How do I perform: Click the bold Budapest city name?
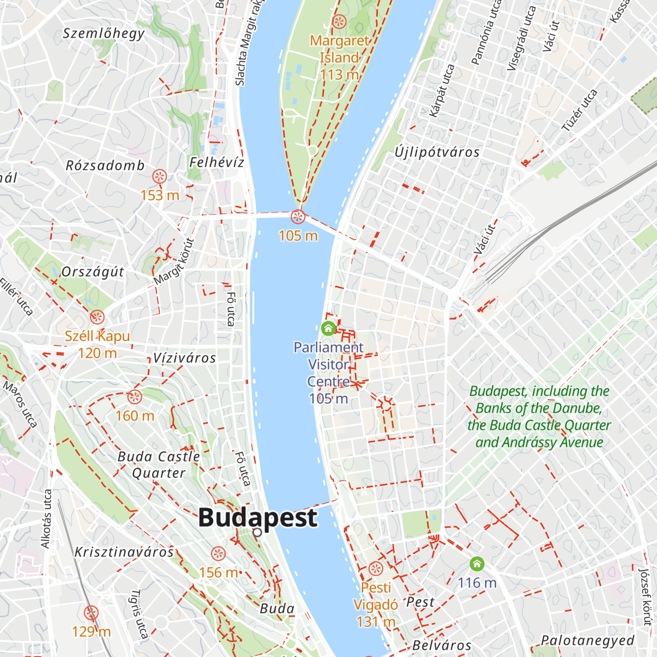[x=257, y=517]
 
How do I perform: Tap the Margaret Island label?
[x=339, y=49]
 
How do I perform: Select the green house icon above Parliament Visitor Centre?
[x=328, y=328]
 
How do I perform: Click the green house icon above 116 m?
[x=477, y=563]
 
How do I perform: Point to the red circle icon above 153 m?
[x=159, y=176]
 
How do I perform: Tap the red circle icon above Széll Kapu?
[x=97, y=317]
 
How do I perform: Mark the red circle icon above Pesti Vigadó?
[x=376, y=568]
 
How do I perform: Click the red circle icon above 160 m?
[x=134, y=397]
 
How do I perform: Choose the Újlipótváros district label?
[x=437, y=152]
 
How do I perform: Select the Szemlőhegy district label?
[x=104, y=33]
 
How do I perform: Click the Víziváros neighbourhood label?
[x=185, y=358]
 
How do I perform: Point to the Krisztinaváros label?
[x=124, y=552]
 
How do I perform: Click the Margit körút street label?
[x=174, y=261]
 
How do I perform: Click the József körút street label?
[x=646, y=597]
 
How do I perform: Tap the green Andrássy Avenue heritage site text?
[x=539, y=417]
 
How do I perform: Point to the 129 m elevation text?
[x=91, y=632]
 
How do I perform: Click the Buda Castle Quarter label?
[x=159, y=464]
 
